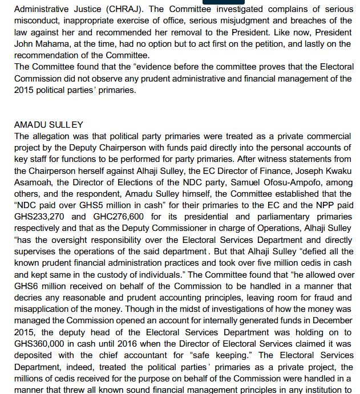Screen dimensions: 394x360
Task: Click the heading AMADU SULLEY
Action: pyautogui.click(x=48, y=125)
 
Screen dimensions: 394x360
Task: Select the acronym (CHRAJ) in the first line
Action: pyautogui.click(x=130, y=10)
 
